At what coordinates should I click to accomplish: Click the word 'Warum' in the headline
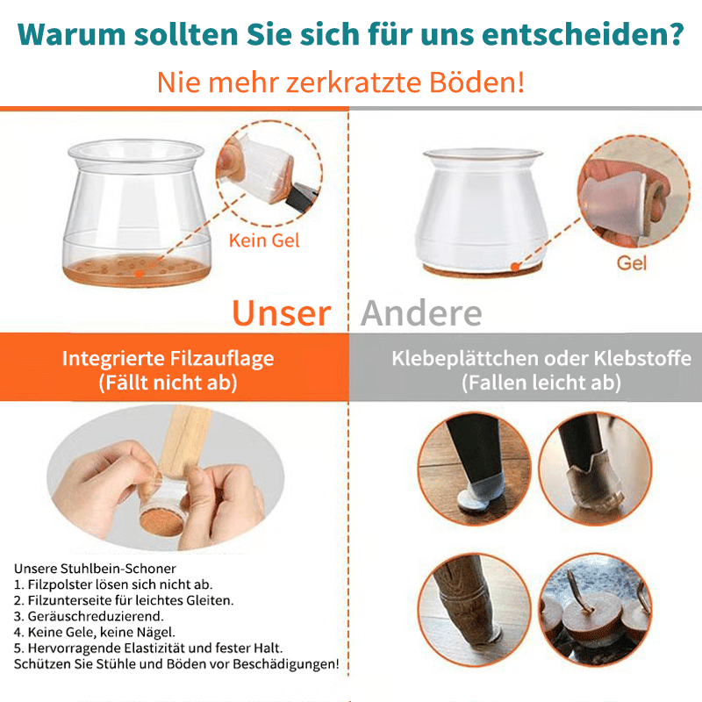69,36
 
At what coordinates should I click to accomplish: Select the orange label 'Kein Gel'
264,240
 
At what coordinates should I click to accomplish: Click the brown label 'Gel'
632,261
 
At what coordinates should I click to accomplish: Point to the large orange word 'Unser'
281,313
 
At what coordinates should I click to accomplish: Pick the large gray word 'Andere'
421,313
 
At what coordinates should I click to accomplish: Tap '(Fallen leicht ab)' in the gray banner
541,383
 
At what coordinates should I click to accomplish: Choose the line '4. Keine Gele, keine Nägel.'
95,632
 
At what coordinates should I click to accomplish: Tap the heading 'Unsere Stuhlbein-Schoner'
95,569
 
